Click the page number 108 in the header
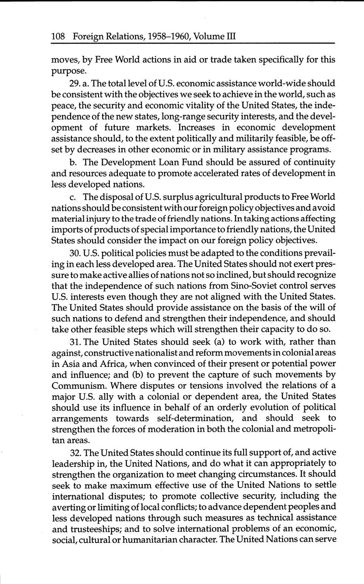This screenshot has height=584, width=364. click(58, 37)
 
